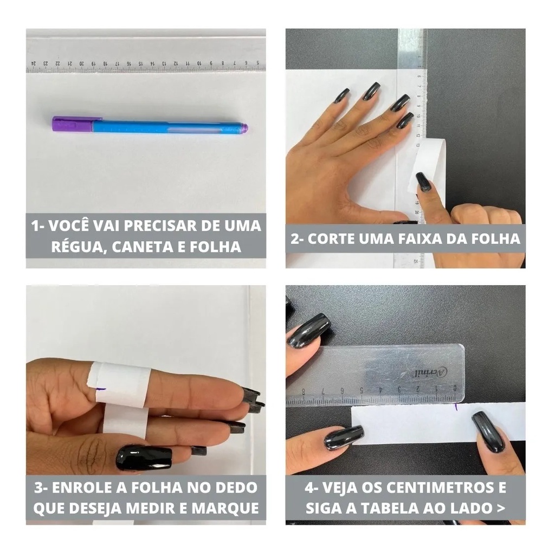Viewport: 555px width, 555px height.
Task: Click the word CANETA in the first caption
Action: pos(142,247)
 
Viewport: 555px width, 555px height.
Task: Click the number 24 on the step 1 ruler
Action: pos(34,63)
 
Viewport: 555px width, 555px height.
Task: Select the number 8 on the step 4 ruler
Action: pos(304,392)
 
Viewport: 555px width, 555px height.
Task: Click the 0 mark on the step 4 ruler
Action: pos(455,388)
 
